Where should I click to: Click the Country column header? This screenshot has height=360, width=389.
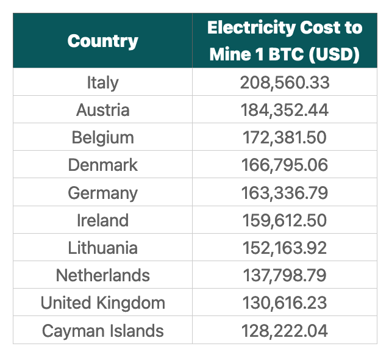click(102, 41)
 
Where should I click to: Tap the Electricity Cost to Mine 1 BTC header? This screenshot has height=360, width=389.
click(284, 41)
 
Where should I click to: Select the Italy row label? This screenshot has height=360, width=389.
click(102, 82)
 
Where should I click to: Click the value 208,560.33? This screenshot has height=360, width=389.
click(284, 82)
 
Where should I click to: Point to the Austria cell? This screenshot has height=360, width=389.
click(102, 110)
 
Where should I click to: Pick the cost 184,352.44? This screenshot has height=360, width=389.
click(284, 110)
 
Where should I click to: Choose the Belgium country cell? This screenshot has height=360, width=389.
click(102, 137)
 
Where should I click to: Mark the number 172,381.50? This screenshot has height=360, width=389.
click(284, 137)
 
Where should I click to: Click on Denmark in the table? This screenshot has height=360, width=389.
click(102, 165)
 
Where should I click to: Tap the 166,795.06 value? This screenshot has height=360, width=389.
click(284, 165)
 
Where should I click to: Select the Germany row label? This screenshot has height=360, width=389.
click(102, 193)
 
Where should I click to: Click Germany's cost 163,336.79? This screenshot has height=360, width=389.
click(284, 193)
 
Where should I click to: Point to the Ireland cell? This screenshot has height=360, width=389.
click(102, 220)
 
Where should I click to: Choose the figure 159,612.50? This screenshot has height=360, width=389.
click(284, 220)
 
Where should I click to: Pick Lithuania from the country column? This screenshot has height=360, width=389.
click(102, 248)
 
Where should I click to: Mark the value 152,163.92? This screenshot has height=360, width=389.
click(284, 248)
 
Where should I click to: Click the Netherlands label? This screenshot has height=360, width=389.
click(102, 275)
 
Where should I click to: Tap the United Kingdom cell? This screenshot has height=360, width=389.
click(102, 303)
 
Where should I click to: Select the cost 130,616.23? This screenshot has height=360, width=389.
click(284, 303)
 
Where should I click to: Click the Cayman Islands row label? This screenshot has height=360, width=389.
click(102, 331)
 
